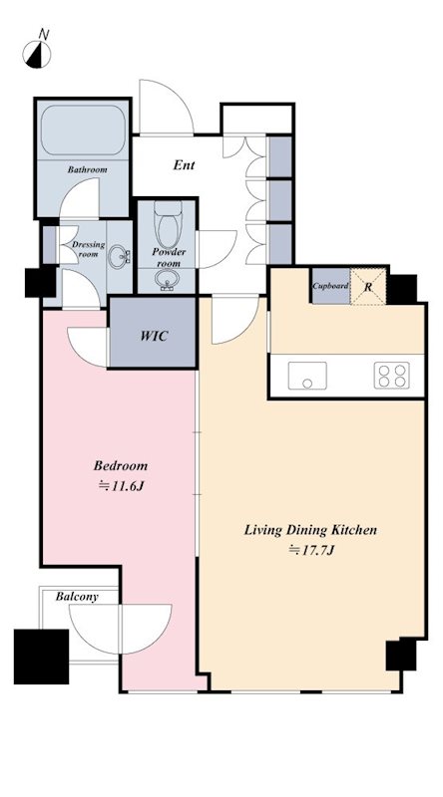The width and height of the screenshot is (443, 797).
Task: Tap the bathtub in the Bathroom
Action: click(83, 131)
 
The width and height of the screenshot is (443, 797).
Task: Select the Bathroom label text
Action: click(88, 169)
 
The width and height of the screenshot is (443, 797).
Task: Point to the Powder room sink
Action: click(166, 279)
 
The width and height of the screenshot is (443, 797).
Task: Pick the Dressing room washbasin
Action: click(119, 256)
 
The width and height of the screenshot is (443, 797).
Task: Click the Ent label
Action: click(184, 165)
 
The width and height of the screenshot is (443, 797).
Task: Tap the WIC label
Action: click(154, 336)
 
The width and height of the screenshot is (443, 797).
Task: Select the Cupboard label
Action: click(330, 286)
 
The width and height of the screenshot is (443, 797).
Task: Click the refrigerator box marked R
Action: click(368, 287)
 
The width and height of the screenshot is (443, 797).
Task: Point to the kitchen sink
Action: click(307, 376)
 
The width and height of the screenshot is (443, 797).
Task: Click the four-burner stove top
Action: click(391, 376)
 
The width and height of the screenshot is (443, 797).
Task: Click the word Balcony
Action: click(77, 597)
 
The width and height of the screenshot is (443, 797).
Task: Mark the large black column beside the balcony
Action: click(41, 657)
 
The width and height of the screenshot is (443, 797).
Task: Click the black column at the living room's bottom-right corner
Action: click(401, 655)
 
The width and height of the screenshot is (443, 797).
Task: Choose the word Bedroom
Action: click(121, 465)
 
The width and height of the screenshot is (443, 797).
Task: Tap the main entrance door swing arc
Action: click(176, 99)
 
